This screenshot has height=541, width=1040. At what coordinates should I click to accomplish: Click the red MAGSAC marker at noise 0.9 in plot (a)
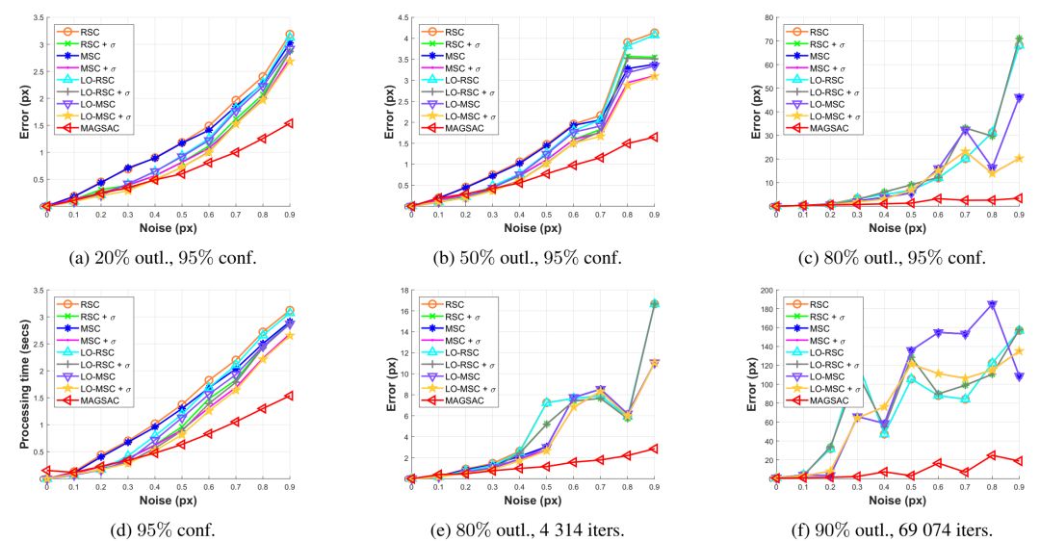(288, 123)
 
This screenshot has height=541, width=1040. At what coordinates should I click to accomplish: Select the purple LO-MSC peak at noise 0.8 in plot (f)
(991, 304)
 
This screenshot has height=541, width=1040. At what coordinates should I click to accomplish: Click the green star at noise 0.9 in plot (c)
(1019, 39)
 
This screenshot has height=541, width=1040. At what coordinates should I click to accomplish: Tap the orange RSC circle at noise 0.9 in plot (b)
(654, 33)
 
